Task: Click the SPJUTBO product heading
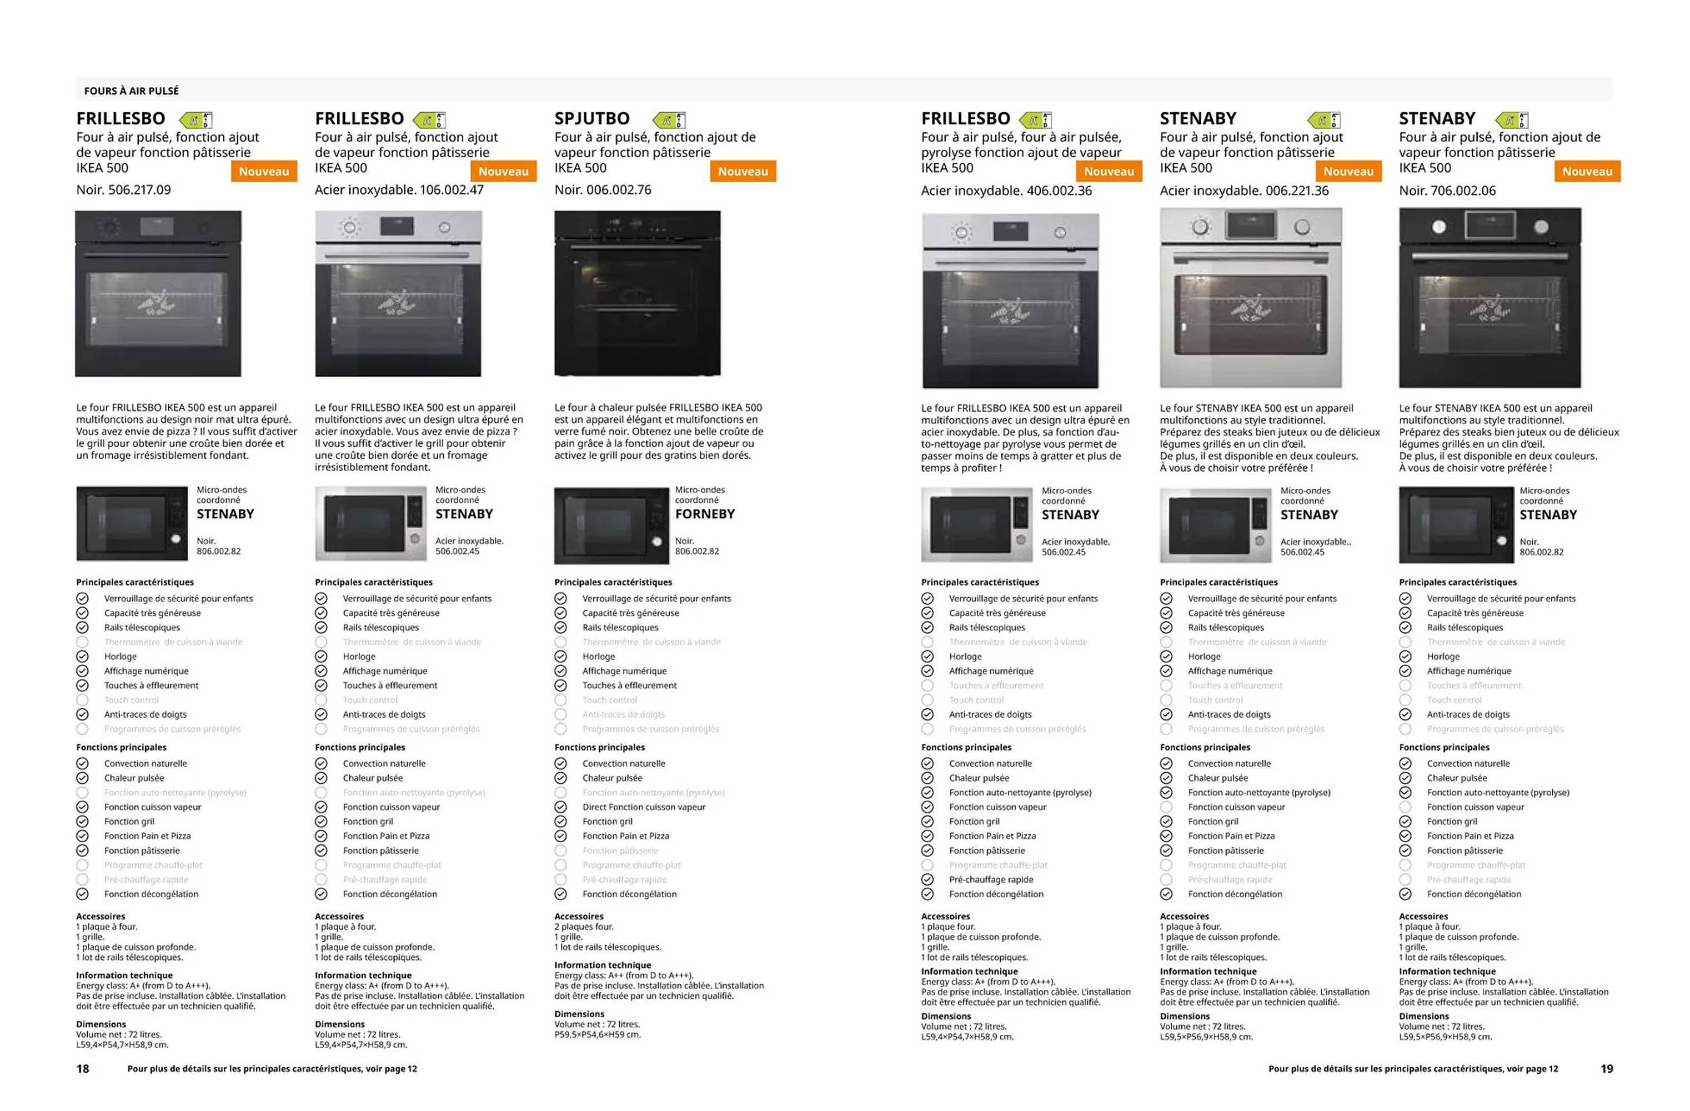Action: (x=591, y=119)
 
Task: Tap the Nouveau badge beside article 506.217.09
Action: (x=263, y=171)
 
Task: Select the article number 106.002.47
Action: (x=452, y=189)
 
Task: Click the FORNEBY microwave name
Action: (x=704, y=514)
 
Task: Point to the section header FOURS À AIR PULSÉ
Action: (x=132, y=91)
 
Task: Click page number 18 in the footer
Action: (x=83, y=1068)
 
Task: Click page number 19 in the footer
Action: (x=1606, y=1068)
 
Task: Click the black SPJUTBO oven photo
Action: (x=637, y=293)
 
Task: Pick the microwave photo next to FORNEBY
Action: (x=611, y=525)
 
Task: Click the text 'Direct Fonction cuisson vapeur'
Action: (x=643, y=807)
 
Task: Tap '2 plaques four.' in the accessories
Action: (x=584, y=927)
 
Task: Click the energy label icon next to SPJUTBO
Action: (x=670, y=119)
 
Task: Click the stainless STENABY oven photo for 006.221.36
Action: (x=1251, y=298)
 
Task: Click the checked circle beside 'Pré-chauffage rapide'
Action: (x=927, y=879)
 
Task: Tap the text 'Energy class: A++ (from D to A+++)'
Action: (x=624, y=975)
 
